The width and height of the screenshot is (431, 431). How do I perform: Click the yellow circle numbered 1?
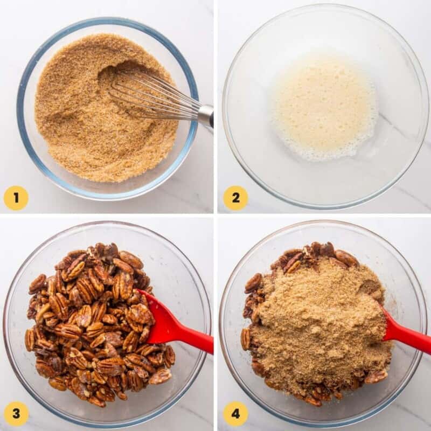click(16, 198)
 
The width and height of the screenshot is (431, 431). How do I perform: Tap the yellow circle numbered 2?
click(235, 198)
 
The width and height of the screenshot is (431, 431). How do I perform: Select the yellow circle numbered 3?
click(16, 414)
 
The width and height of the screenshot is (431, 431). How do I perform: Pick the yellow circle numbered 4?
click(235, 414)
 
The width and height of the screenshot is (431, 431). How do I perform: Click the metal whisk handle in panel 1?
click(206, 115)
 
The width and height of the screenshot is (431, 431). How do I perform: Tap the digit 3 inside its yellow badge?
click(16, 414)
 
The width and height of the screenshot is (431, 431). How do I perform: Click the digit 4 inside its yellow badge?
click(235, 414)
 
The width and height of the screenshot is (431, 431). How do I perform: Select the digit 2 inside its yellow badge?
click(235, 198)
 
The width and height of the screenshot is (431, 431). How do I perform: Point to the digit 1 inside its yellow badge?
click(16, 198)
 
